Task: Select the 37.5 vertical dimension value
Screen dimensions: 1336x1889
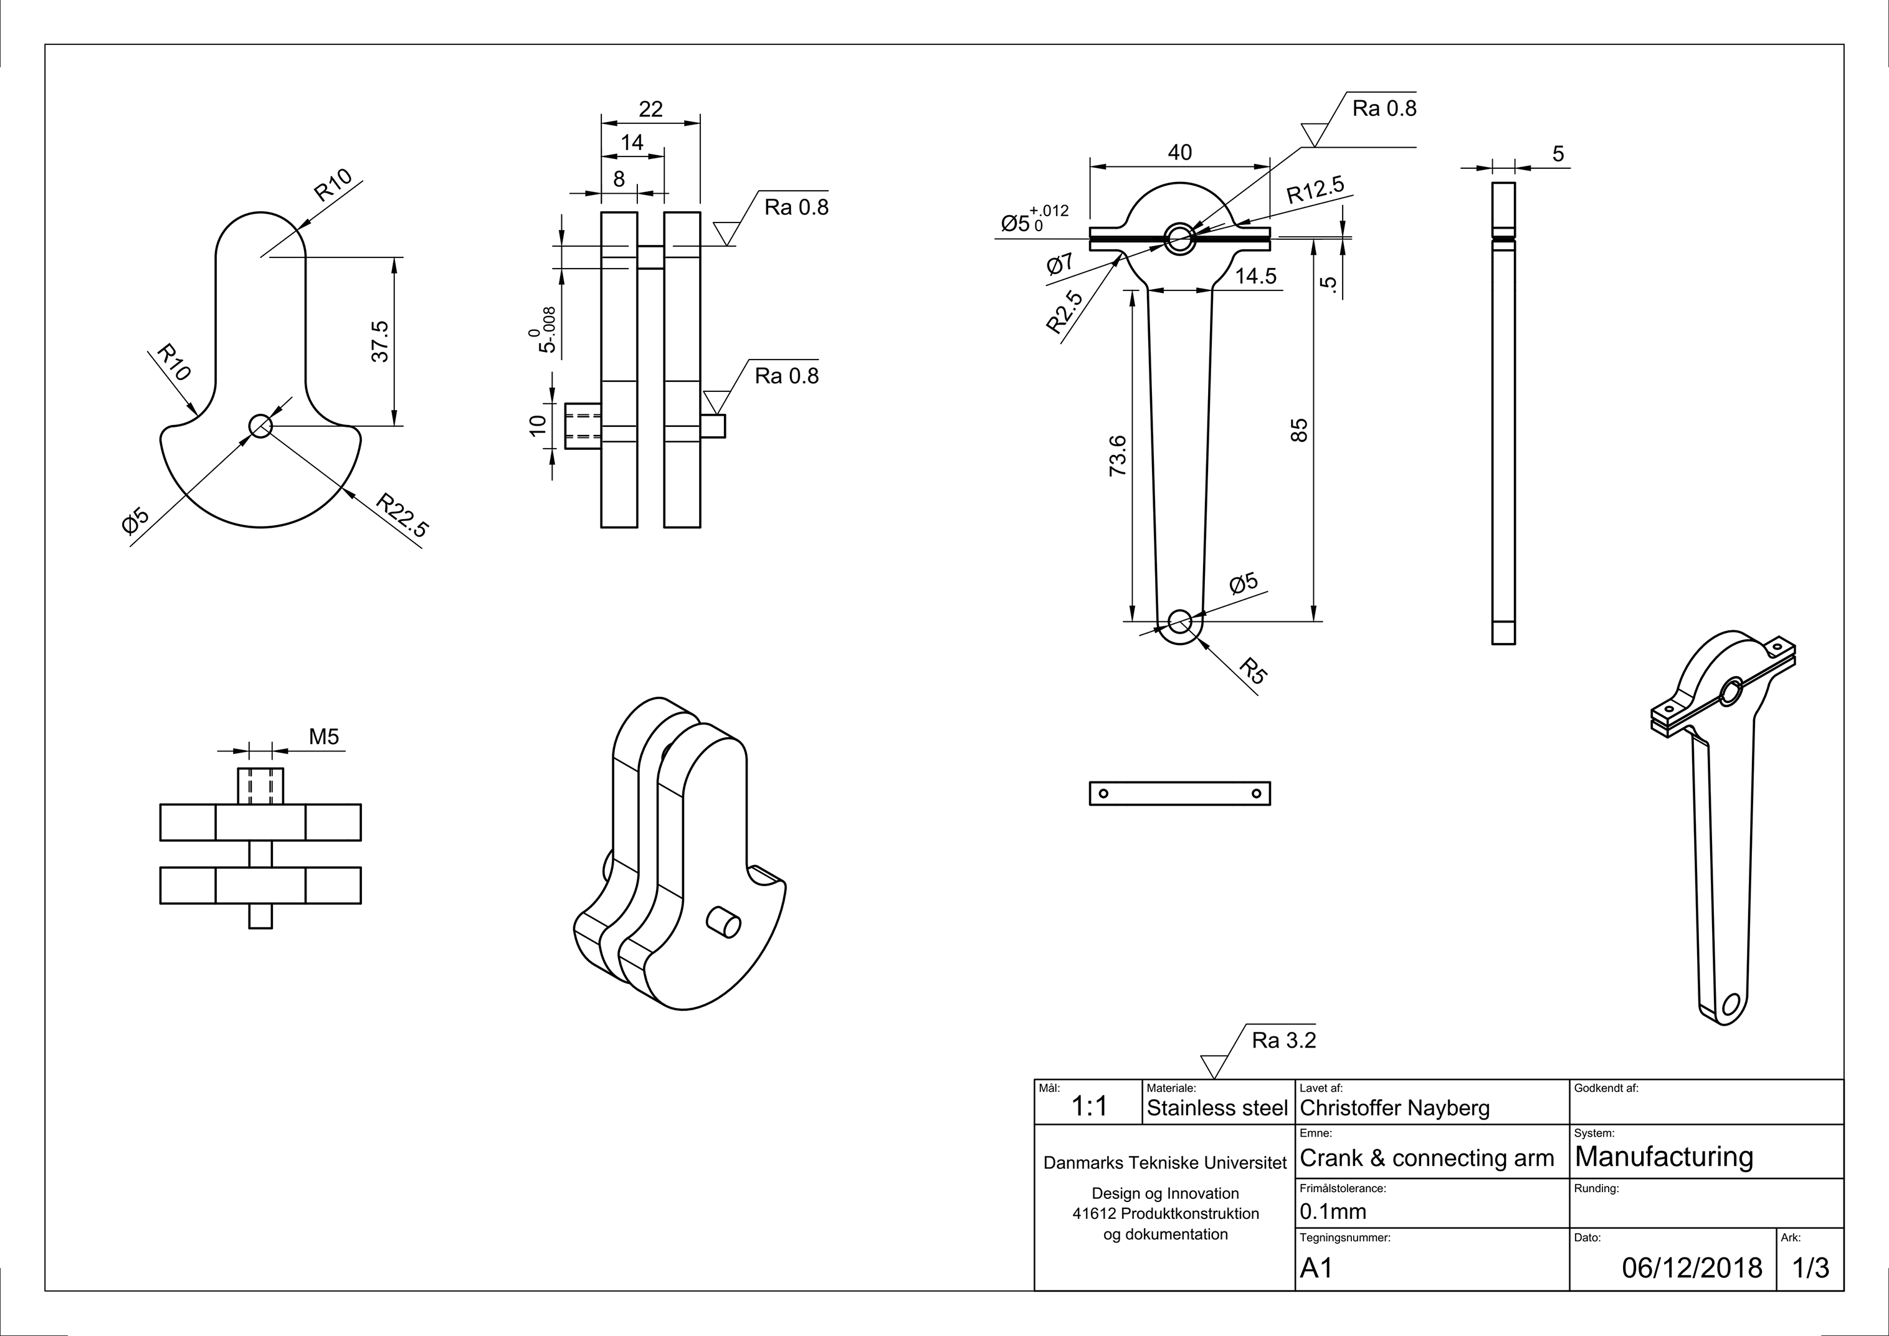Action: pos(379,341)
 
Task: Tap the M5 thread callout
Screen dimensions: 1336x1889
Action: pos(324,737)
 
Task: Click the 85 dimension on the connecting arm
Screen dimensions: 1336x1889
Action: pos(1299,430)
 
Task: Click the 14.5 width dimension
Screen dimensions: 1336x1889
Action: pos(1255,277)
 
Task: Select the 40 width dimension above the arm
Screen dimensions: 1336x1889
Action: pos(1180,152)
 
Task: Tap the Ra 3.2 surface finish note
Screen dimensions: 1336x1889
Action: pos(1283,1041)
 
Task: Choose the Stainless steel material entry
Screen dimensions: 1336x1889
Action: pos(1217,1108)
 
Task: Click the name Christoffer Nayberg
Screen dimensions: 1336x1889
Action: pos(1394,1108)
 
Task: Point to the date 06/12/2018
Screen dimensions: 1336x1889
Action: pos(1692,1267)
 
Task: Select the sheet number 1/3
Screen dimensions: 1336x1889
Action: pos(1811,1267)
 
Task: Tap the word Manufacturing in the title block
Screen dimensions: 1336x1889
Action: pos(1663,1157)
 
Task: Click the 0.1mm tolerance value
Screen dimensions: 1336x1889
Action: pos(1333,1211)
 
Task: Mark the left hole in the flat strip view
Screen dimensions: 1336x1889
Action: pos(1103,794)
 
